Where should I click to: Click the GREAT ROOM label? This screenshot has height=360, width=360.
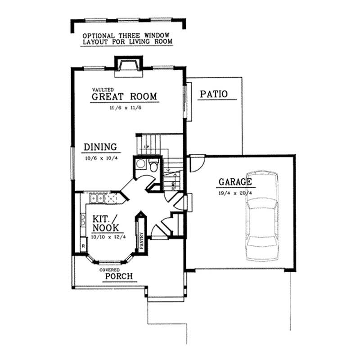(124, 96)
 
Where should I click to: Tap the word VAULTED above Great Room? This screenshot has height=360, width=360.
(99, 90)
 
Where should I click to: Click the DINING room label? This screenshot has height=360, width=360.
(100, 147)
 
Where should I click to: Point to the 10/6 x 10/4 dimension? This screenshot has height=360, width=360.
(100, 158)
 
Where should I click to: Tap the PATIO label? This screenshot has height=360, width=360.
(214, 94)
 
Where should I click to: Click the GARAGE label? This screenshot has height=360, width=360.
(234, 182)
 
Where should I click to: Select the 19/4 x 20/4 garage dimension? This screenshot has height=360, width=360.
(234, 193)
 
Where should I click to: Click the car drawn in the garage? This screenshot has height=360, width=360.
(263, 216)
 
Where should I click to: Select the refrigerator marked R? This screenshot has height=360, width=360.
(83, 246)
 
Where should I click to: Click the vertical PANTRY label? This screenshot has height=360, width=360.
(141, 241)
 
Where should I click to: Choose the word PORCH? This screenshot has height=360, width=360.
(119, 276)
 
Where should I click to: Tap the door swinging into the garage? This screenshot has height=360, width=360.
(197, 163)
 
